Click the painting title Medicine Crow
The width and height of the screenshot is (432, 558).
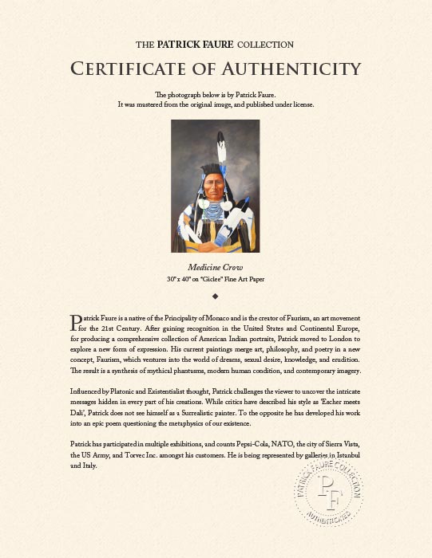point(215,267)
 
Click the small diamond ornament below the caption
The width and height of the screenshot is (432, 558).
point(216,297)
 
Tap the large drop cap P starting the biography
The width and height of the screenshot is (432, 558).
point(77,321)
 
